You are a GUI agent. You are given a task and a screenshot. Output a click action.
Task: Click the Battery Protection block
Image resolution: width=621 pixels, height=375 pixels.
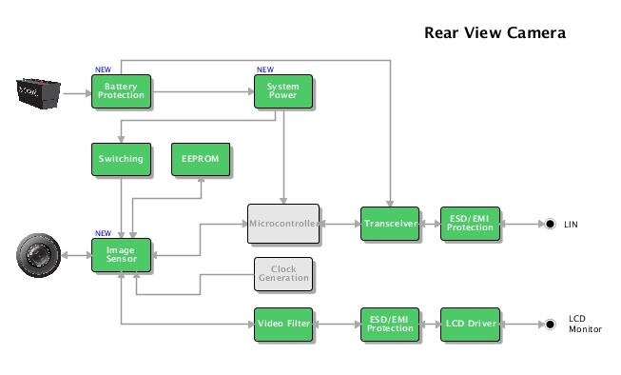pos(121,91)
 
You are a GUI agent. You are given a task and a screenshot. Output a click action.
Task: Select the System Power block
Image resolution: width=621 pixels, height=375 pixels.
pos(282,91)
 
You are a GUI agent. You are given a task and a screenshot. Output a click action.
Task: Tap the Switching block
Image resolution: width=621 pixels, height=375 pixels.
pos(121,159)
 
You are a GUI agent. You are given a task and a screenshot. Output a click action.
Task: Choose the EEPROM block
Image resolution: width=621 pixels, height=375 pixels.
pos(201,159)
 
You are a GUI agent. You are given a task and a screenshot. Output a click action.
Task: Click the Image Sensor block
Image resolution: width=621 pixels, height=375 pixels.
pos(121,254)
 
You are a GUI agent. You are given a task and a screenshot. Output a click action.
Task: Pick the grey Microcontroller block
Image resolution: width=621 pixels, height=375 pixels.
pos(282,223)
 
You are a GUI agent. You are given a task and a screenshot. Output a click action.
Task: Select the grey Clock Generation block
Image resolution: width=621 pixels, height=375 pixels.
pos(282,274)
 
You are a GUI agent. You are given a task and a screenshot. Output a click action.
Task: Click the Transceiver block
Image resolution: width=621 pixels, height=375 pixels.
pos(390,224)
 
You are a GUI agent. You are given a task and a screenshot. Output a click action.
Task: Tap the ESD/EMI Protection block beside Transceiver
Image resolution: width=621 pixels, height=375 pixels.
pos(470,224)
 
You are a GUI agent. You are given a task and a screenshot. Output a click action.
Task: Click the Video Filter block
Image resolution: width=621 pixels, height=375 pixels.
pos(282,325)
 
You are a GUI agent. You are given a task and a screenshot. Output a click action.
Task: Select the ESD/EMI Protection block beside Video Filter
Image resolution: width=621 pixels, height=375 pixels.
pos(390,325)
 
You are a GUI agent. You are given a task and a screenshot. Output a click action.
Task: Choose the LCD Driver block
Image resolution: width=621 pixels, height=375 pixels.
pos(470,325)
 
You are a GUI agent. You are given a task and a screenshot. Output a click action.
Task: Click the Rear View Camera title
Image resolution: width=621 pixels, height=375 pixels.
pos(495,33)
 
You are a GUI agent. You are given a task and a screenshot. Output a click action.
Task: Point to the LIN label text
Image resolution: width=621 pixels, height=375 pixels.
pos(571,225)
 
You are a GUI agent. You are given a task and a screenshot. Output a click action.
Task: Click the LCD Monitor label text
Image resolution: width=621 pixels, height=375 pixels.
pos(585,324)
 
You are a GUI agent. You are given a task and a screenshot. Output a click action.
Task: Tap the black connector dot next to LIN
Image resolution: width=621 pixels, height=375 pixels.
pos(550,225)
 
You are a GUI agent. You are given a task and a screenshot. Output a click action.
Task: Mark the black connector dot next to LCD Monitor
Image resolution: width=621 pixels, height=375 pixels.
pos(550,325)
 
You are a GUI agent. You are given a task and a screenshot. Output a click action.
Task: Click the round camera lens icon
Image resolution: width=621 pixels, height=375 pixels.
pos(39,255)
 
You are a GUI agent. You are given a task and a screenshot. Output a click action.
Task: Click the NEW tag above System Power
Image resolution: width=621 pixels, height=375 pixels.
pos(264,69)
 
